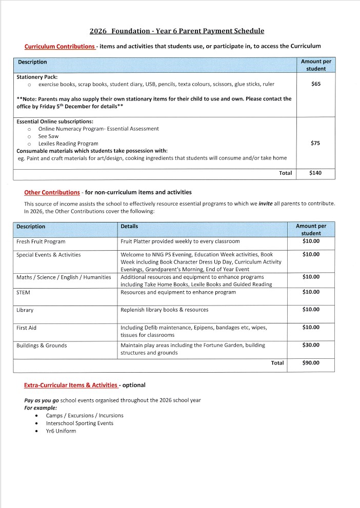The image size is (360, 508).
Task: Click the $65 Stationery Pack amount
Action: (315, 84)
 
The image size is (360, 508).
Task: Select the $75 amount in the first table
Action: (315, 144)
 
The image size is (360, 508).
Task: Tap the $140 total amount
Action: (315, 173)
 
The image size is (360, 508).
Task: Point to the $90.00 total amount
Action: (311, 363)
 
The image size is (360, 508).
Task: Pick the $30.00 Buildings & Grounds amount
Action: (311, 346)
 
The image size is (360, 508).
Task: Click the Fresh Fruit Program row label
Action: (41, 241)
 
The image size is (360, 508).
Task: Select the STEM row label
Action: (23, 292)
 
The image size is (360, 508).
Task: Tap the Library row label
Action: (25, 310)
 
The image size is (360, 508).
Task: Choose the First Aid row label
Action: (26, 328)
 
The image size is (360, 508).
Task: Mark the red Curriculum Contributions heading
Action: (59, 47)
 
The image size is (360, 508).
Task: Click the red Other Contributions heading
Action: (52, 193)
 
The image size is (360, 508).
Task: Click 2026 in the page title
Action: (98, 31)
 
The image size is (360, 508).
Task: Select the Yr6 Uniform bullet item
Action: (61, 431)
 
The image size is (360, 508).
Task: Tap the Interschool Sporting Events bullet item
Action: (79, 423)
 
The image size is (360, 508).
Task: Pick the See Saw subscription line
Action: (48, 136)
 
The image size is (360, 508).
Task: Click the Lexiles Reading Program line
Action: (68, 144)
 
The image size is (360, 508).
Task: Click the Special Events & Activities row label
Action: (48, 255)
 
